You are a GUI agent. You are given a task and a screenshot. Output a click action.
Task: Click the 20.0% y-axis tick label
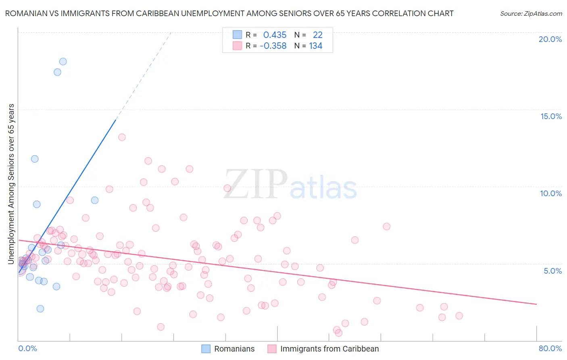pos(550,39)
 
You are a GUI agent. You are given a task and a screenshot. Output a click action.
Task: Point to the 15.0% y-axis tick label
pos(551,116)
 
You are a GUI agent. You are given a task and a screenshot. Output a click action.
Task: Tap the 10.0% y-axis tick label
pos(551,193)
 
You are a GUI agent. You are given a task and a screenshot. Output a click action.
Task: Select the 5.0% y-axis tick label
pos(552,271)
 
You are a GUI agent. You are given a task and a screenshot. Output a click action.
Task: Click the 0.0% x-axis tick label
pos(27,348)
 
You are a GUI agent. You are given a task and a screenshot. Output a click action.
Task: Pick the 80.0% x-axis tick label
pos(550,348)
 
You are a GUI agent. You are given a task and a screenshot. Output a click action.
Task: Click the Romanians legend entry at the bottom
pos(234,349)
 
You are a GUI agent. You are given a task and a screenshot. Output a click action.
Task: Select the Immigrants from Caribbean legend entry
pos(329,349)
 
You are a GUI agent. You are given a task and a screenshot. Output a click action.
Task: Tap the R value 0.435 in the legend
pos(275,35)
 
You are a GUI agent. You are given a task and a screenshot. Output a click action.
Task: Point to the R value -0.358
pos(273,46)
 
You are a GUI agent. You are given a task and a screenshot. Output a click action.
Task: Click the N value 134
pos(316,46)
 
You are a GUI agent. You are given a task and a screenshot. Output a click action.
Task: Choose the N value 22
pos(318,35)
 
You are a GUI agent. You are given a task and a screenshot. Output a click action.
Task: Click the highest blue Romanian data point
pos(63,62)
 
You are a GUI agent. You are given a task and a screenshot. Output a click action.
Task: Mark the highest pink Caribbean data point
pos(122,137)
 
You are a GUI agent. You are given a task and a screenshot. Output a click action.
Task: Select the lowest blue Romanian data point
pos(40,309)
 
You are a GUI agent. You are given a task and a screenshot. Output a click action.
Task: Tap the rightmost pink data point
pos(459,316)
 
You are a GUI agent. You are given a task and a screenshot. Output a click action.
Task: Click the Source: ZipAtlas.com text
pos(531,14)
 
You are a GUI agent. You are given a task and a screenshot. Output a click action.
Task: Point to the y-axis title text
pos(11,184)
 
